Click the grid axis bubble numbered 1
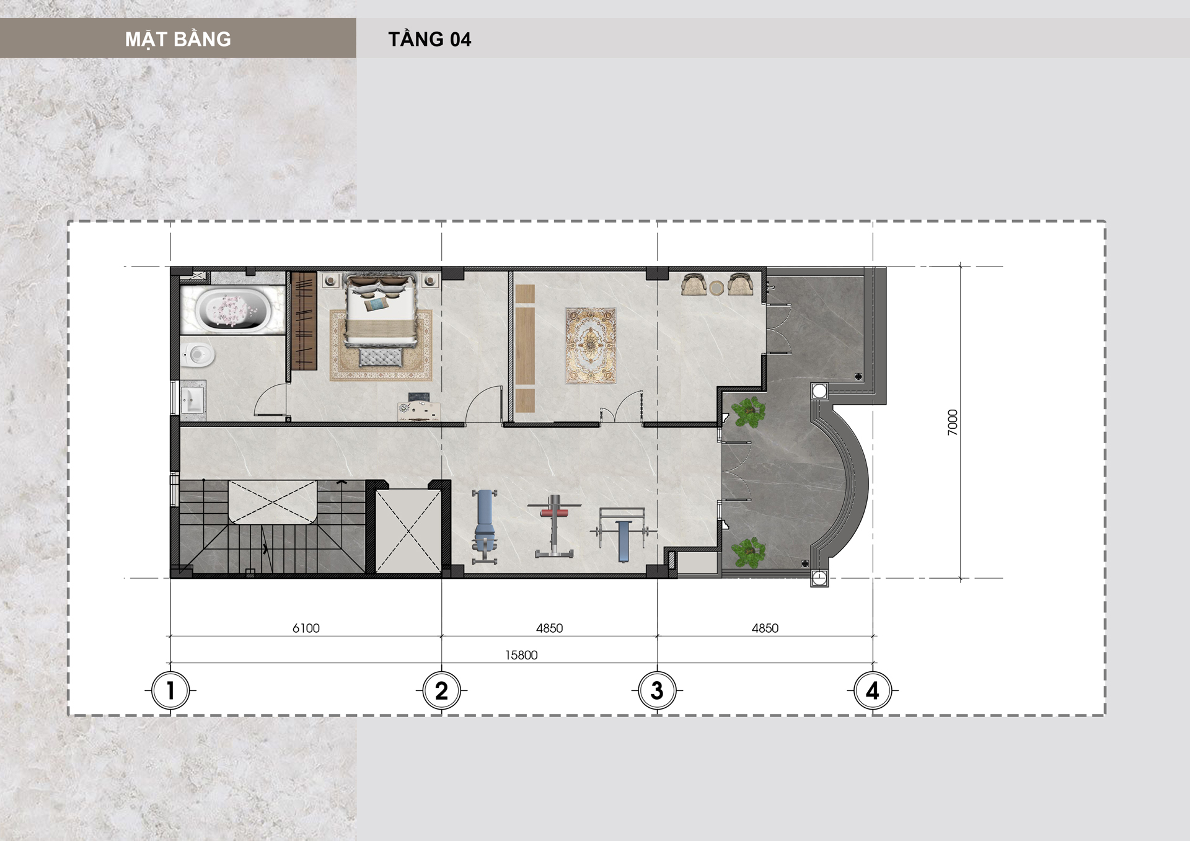click(170, 690)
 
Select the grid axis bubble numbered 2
click(441, 690)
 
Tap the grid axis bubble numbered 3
click(657, 690)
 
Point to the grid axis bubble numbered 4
click(873, 690)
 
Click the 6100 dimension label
click(306, 628)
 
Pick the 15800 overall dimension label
click(521, 655)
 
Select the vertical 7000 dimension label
click(953, 423)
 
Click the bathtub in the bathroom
click(232, 309)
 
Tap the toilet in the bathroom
click(198, 354)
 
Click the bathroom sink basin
click(193, 400)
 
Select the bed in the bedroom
click(381, 310)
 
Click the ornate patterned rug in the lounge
click(591, 345)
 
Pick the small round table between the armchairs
click(716, 288)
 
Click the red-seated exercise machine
click(553, 526)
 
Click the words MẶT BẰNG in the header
click(178, 39)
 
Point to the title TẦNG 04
click(430, 39)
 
